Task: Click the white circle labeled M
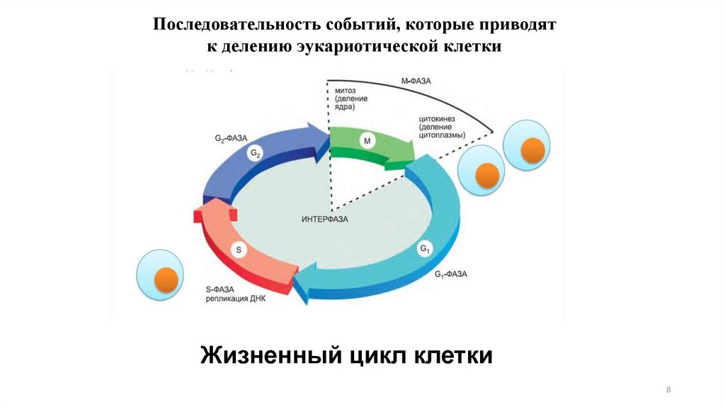(367, 142)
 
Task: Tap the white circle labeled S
(239, 250)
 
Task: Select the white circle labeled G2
(256, 153)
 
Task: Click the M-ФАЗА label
(417, 83)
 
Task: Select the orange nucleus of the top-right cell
(533, 149)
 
